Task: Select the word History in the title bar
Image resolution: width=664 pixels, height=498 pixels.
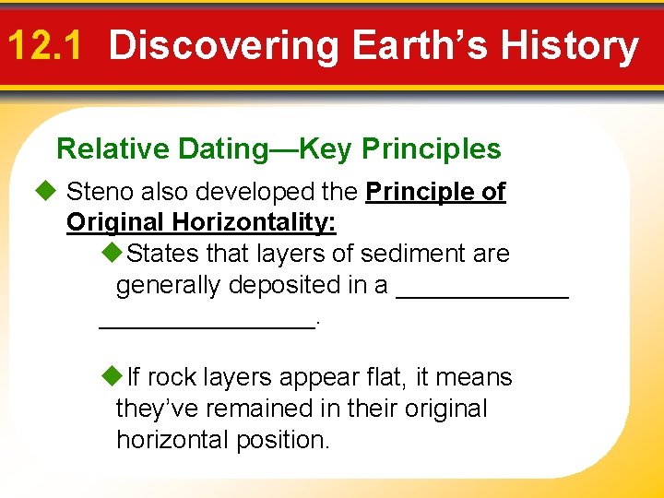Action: pos(566,46)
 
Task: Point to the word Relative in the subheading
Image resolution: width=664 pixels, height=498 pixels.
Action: pos(113,148)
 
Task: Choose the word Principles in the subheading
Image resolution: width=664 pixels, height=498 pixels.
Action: pos(432,148)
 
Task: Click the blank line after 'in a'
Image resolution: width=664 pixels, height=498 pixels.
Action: pos(481,293)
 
